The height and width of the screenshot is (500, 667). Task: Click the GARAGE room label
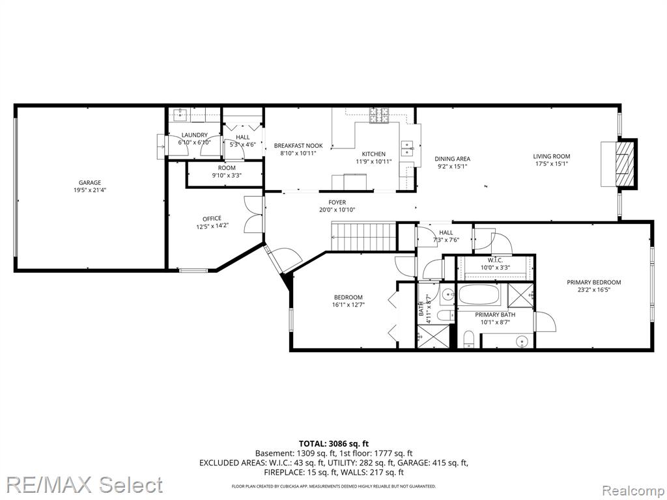pyautogui.click(x=90, y=183)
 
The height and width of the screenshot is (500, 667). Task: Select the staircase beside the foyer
pyautogui.click(x=363, y=236)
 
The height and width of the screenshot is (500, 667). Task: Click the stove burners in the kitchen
pyautogui.click(x=380, y=116)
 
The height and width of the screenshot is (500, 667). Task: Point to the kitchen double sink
pyautogui.click(x=407, y=148)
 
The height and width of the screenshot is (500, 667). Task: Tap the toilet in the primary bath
pyautogui.click(x=468, y=338)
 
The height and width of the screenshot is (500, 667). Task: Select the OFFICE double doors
pyautogui.click(x=253, y=214)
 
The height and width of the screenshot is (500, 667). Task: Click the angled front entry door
pyautogui.click(x=283, y=260)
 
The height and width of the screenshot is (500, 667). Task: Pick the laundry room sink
pyautogui.click(x=181, y=115)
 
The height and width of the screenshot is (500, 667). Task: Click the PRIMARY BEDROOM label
pyautogui.click(x=593, y=283)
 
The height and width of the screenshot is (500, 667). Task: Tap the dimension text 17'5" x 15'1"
pyautogui.click(x=551, y=163)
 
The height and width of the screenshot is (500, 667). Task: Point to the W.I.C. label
pyautogui.click(x=495, y=260)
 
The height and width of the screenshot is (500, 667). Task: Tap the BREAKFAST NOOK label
pyautogui.click(x=298, y=145)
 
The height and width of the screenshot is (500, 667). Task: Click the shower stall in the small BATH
pyautogui.click(x=429, y=337)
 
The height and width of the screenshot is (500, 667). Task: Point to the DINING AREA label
pyautogui.click(x=452, y=159)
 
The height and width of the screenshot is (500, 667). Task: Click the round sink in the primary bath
pyautogui.click(x=522, y=341)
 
